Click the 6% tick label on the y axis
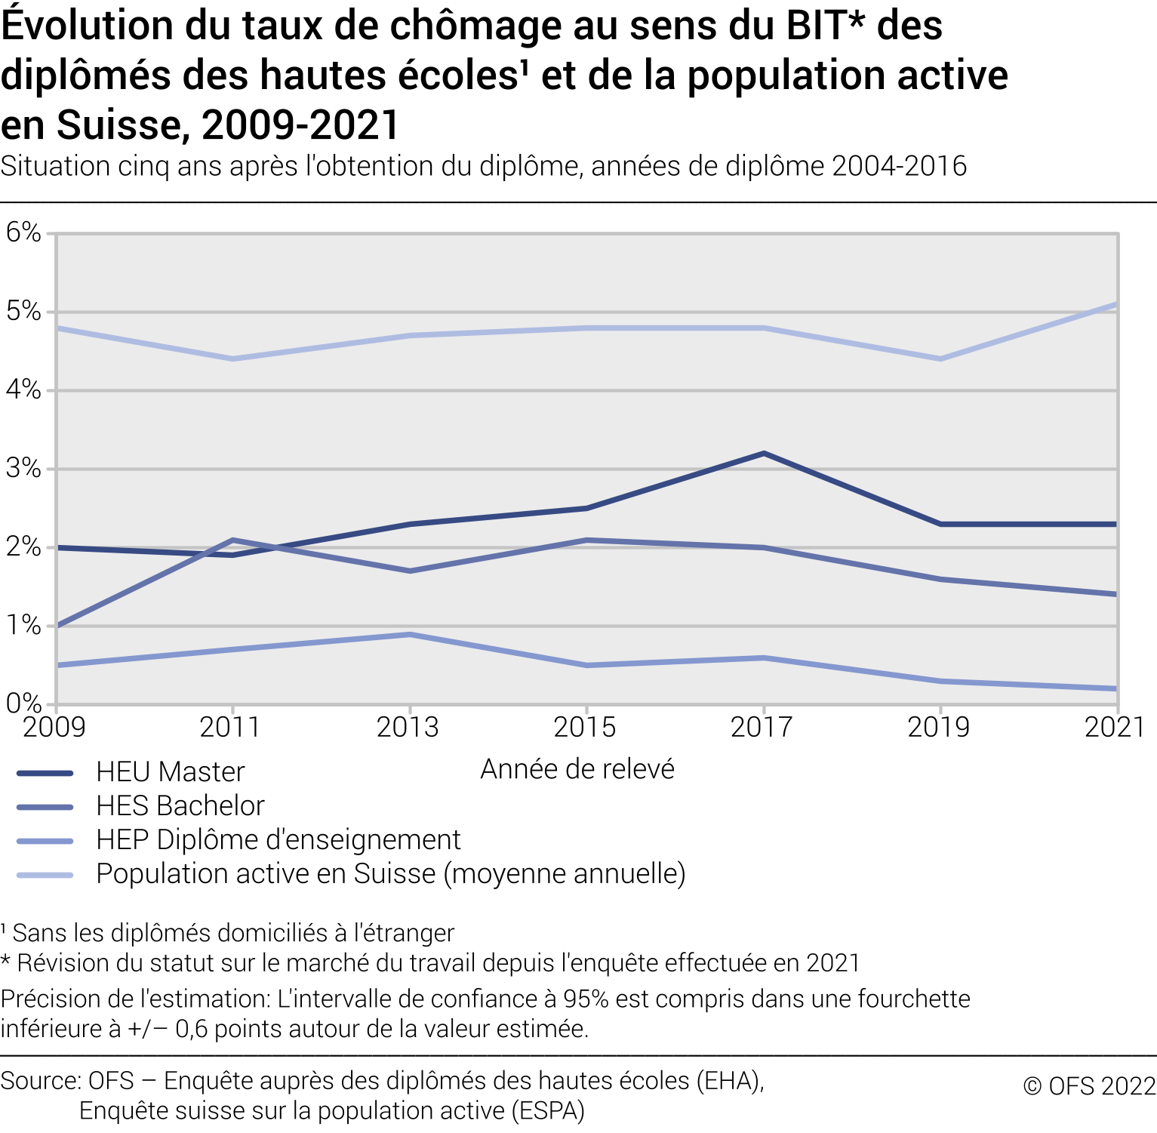23,232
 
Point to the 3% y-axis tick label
23,468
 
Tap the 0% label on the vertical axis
23,704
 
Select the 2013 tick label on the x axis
408,727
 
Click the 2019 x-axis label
938,727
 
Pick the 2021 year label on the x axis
1115,727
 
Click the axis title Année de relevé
577,769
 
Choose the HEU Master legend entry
171,772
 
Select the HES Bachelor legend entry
180,806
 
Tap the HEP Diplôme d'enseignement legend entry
278,840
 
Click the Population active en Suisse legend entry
390,874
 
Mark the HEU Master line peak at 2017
764,454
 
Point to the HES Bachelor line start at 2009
57,626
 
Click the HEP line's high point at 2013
410,634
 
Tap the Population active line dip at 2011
233,359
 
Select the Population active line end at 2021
1116,304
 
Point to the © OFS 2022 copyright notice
1089,1086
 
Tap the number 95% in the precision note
586,999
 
